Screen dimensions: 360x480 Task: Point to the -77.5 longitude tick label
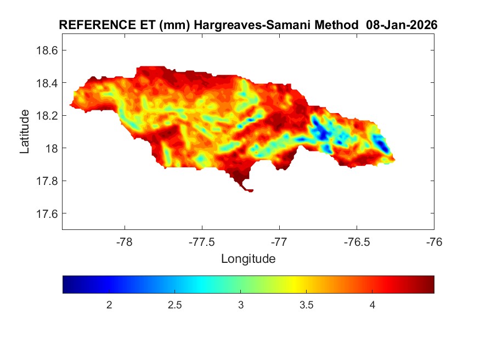click(x=202, y=241)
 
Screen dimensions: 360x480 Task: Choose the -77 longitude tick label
click(x=279, y=241)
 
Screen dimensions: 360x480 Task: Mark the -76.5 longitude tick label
click(x=357, y=241)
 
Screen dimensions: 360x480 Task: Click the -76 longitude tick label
click(x=434, y=241)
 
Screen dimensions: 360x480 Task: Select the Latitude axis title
click(x=25, y=132)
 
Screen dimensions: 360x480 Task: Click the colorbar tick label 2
click(x=109, y=305)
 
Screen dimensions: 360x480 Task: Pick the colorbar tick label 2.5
click(x=174, y=305)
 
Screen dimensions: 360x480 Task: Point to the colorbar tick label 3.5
click(x=306, y=305)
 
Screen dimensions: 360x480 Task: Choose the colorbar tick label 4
click(x=372, y=305)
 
